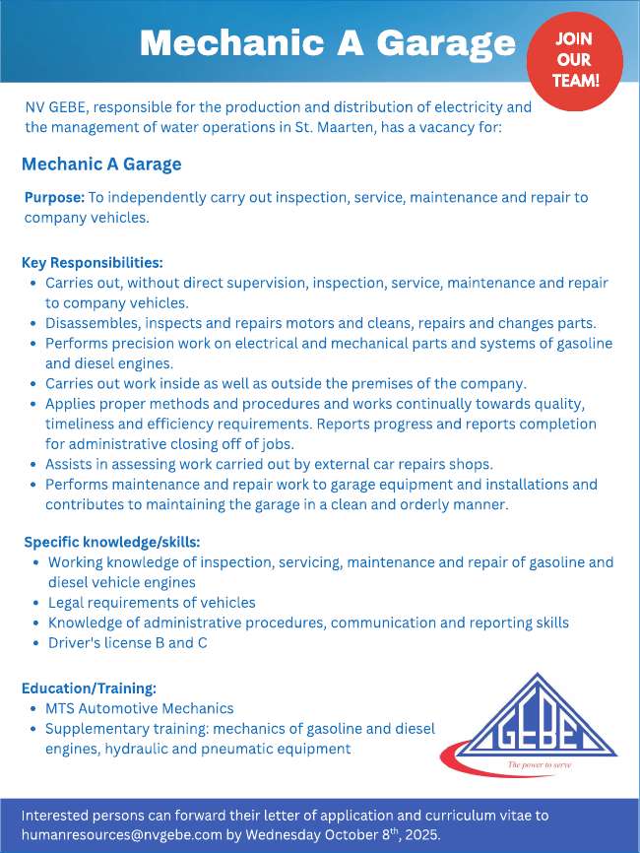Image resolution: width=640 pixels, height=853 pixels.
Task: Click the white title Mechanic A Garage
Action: [327, 42]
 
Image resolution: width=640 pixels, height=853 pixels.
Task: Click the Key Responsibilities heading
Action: [93, 263]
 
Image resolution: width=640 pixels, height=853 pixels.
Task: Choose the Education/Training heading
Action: [89, 689]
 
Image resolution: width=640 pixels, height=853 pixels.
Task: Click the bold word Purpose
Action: [54, 197]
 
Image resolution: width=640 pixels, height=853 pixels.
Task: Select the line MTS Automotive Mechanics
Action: [139, 708]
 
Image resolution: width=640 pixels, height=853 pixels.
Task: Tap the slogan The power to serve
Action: [539, 764]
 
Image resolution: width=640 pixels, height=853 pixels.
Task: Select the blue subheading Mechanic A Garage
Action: [101, 164]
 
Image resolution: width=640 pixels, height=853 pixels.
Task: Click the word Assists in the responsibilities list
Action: [69, 464]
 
